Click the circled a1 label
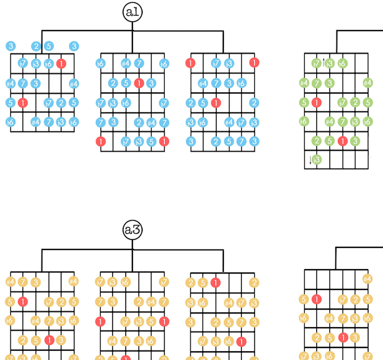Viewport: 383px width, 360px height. point(132,13)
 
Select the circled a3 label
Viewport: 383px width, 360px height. point(132,230)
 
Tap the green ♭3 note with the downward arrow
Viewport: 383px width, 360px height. point(316,160)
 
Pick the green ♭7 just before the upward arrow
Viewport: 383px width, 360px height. point(316,63)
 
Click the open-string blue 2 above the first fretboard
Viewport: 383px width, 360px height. point(36,47)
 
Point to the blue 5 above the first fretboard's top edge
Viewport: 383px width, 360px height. point(49,47)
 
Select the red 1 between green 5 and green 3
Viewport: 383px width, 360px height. point(343,141)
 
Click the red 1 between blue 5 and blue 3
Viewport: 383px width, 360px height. point(139,83)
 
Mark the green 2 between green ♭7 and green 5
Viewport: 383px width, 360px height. point(355,102)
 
